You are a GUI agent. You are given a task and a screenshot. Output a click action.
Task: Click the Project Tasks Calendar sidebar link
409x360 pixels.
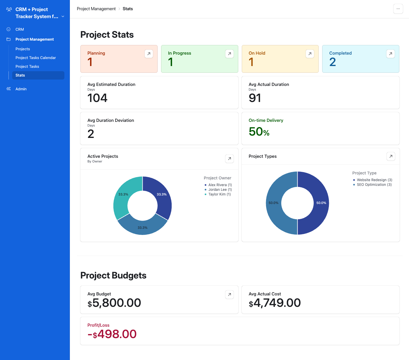36,58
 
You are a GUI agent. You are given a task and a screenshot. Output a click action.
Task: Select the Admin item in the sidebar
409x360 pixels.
21,89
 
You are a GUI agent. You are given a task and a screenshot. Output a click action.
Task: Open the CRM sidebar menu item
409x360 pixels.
20,30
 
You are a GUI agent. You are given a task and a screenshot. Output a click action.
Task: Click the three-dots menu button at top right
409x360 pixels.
398,9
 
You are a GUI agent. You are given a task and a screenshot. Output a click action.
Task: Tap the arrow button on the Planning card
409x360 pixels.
149,54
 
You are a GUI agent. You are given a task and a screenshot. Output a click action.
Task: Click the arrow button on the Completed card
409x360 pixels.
390,54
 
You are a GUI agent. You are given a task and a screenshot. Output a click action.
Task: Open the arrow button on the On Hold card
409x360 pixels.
310,54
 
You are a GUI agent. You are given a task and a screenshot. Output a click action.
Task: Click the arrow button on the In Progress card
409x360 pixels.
229,54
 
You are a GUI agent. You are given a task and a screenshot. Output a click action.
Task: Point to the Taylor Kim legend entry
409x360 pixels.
219,194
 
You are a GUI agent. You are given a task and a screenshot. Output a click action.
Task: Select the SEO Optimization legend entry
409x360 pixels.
374,185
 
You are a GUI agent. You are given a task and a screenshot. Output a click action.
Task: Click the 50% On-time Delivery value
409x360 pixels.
259,132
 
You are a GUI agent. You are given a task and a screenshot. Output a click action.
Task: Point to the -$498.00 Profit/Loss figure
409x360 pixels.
112,334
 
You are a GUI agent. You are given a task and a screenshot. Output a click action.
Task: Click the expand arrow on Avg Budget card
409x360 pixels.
229,295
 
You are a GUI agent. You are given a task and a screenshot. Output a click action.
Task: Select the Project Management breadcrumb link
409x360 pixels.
96,9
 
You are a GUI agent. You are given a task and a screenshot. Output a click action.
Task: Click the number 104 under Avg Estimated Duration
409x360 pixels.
97,98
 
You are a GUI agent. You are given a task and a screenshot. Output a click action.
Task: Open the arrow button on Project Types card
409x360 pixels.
391,156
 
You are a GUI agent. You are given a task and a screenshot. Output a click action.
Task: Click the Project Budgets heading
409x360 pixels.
113,276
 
